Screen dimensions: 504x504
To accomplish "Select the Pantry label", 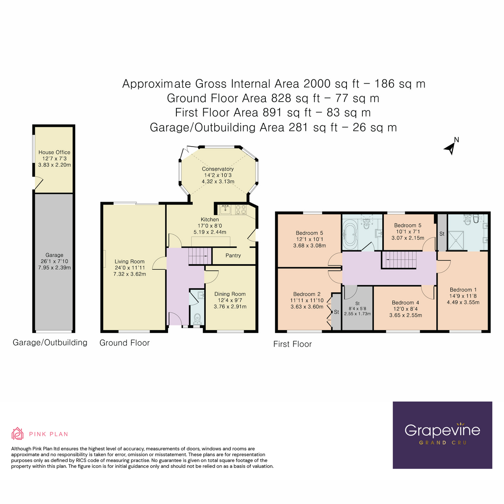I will click(x=233, y=255).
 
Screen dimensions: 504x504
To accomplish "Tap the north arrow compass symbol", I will click(x=451, y=147).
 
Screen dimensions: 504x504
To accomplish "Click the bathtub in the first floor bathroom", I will click(x=349, y=234).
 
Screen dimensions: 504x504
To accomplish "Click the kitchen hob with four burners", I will click(x=241, y=209).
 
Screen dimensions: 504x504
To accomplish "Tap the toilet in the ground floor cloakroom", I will click(x=197, y=320).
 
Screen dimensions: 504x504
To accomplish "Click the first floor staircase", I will click(x=399, y=260).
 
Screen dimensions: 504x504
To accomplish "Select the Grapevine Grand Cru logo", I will click(x=442, y=435).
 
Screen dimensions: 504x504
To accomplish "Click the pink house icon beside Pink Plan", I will click(x=17, y=434).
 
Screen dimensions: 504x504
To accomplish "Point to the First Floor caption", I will click(x=292, y=344).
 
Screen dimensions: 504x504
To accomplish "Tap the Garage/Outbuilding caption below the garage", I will click(x=50, y=342).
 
